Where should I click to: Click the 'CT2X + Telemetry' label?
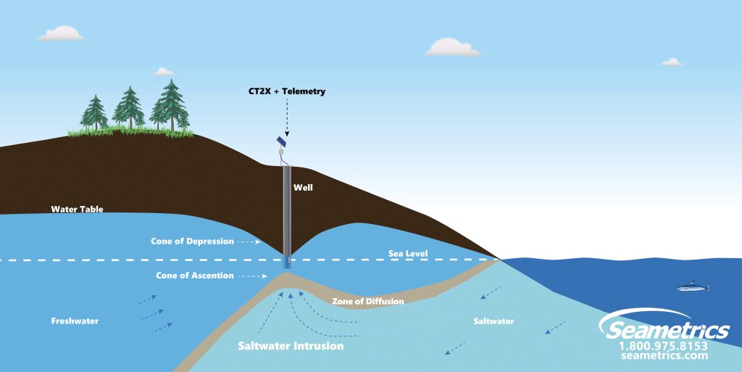[x=286, y=92]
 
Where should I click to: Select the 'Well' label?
[x=302, y=187]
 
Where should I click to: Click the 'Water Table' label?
[x=77, y=210]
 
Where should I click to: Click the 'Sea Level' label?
[x=407, y=254]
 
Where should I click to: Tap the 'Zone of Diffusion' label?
[x=367, y=301]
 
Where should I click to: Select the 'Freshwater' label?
[x=75, y=321]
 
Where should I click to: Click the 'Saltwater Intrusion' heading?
[x=291, y=347]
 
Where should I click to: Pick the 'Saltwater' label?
[x=495, y=320]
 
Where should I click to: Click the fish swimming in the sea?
[x=693, y=287]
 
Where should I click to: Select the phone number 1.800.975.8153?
[x=663, y=346]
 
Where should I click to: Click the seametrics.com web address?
[x=664, y=356]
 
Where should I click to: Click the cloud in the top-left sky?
[x=62, y=33]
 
